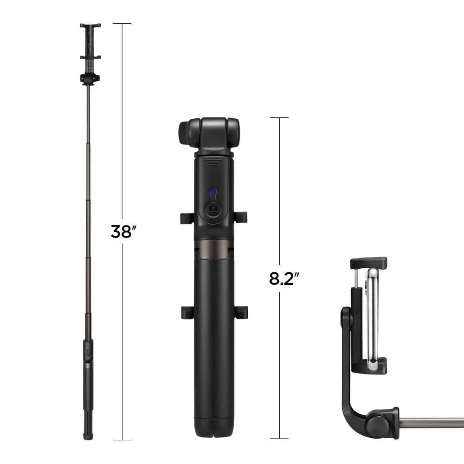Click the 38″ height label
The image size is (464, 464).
(122, 231)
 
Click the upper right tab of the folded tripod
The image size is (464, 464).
(241, 217)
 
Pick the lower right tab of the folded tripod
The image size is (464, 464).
(241, 312)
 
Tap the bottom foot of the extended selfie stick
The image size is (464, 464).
(88, 435)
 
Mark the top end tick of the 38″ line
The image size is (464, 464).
(122, 23)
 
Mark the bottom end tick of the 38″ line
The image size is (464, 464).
(122, 439)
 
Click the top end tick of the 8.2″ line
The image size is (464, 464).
(279, 117)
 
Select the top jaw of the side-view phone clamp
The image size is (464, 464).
(368, 263)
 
